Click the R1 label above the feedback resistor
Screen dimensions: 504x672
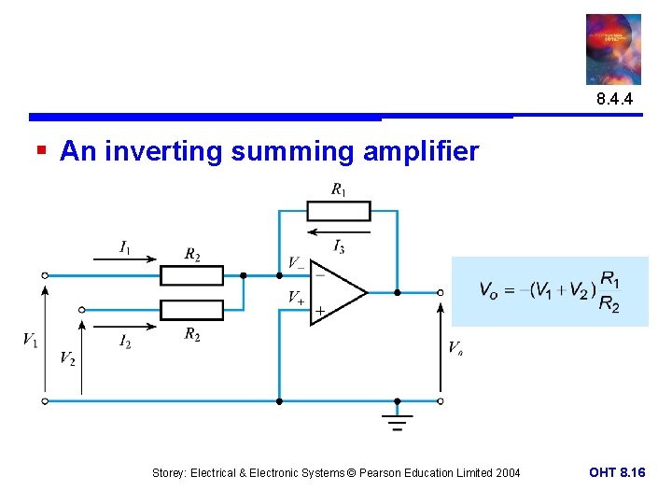point(338,190)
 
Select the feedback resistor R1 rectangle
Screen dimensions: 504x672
point(339,211)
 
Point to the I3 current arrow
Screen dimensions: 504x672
point(338,230)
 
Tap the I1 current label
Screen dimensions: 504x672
point(125,247)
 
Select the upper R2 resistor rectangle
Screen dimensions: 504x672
point(191,275)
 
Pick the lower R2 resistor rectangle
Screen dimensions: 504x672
point(191,309)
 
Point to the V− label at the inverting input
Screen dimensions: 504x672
point(295,263)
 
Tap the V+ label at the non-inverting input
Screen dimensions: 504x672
point(296,298)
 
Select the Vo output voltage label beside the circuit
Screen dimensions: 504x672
point(455,348)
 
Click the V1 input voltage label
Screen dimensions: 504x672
point(30,339)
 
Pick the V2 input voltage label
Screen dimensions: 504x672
point(67,357)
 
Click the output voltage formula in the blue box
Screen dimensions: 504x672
point(550,291)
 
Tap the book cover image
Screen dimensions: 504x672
point(613,49)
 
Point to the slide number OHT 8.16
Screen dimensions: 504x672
point(617,473)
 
